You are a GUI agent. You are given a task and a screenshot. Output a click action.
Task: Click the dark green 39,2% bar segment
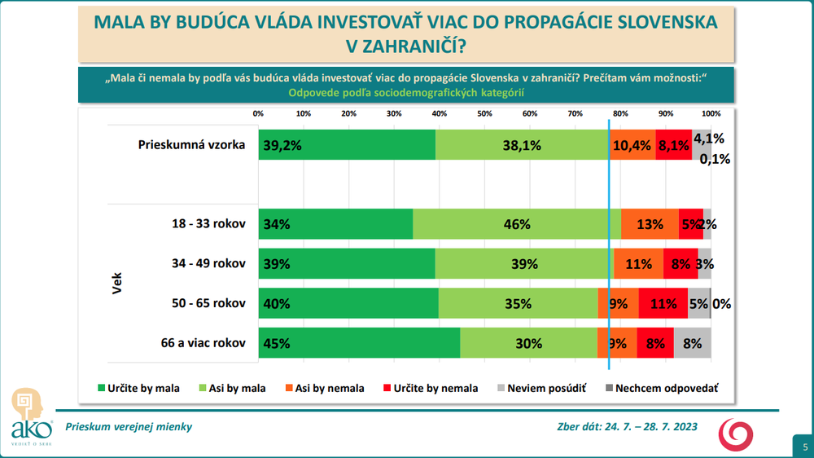click(347, 144)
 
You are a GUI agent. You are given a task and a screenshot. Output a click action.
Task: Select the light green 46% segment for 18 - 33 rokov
click(516, 224)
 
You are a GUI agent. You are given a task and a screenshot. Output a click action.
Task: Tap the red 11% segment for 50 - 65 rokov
click(663, 303)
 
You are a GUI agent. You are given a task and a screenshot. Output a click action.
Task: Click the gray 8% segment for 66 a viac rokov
click(692, 343)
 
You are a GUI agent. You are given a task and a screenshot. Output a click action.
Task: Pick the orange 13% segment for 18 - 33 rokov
click(649, 224)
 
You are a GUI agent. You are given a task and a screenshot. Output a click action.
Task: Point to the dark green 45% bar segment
click(359, 343)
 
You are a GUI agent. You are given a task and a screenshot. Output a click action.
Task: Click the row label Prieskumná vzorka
click(192, 145)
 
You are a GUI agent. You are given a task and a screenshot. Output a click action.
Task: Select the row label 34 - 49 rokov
click(204, 263)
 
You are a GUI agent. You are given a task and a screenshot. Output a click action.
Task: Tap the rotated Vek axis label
click(116, 283)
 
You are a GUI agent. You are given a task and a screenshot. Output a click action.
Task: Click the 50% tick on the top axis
click(484, 113)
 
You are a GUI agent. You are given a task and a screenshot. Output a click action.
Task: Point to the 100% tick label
click(711, 113)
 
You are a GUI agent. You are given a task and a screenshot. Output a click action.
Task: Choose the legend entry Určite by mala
click(138, 388)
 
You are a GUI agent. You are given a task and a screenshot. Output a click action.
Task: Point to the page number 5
click(804, 447)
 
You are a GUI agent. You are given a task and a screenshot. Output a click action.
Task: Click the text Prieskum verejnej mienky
click(129, 426)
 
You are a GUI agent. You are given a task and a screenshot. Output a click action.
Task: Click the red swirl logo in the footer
click(735, 434)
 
